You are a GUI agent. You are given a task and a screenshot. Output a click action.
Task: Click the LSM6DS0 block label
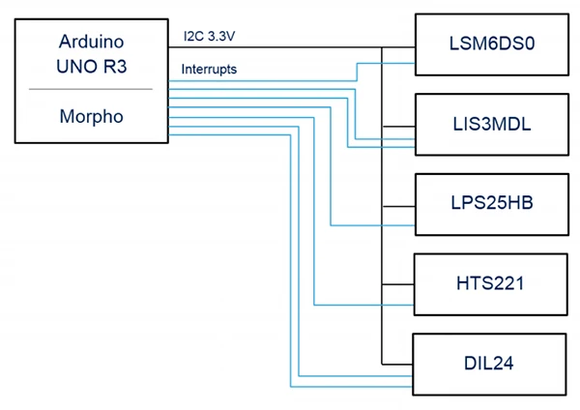(x=492, y=44)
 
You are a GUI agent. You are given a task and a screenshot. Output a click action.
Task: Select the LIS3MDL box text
(x=492, y=124)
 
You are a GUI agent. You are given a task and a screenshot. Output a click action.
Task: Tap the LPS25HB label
(x=492, y=202)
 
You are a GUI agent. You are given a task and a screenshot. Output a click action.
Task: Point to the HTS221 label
(x=490, y=283)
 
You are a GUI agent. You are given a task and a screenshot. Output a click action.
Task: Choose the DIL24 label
(x=488, y=363)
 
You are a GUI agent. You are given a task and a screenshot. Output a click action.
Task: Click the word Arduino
(x=92, y=41)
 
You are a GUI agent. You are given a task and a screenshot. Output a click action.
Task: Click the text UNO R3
(x=92, y=66)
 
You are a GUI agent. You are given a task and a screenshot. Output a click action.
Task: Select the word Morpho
(x=92, y=117)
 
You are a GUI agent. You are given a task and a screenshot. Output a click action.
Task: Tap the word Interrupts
(x=209, y=70)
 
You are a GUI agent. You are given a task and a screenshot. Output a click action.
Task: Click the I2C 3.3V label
(x=210, y=36)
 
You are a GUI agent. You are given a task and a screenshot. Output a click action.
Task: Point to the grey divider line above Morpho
(x=91, y=89)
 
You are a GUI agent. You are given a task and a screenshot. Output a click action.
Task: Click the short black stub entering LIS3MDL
(x=398, y=127)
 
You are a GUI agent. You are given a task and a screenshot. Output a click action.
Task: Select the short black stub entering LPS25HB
(x=398, y=207)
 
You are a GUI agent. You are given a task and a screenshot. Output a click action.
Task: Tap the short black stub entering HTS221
(x=398, y=284)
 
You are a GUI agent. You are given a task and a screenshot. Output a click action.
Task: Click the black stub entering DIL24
(x=397, y=365)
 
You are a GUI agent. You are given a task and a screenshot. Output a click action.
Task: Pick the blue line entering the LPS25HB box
(x=331, y=166)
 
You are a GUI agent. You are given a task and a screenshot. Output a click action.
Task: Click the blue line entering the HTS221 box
(x=314, y=212)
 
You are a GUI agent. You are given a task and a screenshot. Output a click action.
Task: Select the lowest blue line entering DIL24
(x=290, y=260)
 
